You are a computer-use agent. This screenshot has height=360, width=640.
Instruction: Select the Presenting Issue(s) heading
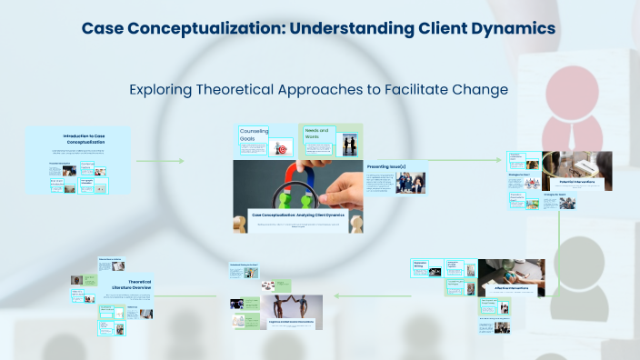pos(385,167)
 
